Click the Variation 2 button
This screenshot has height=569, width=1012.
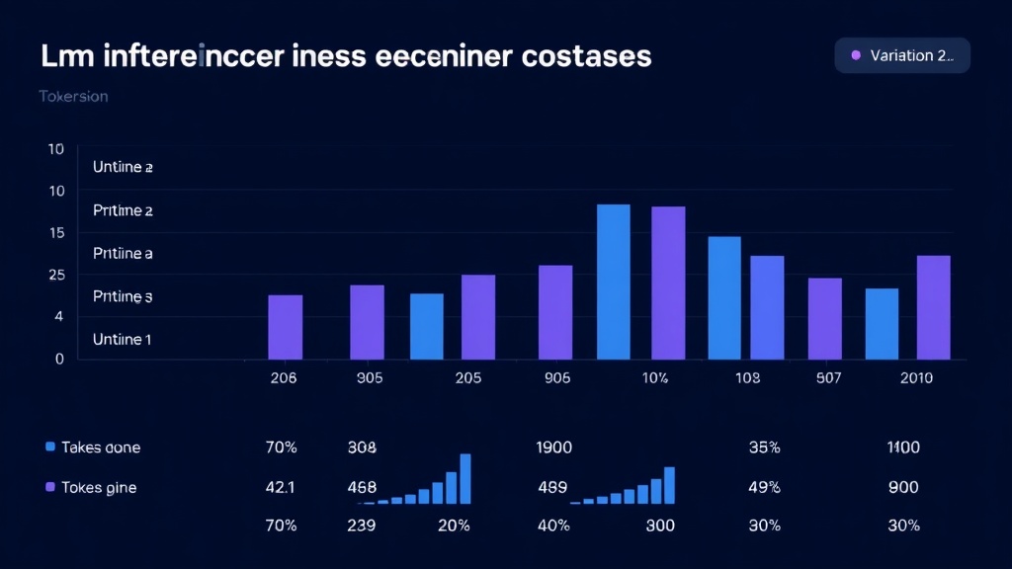[902, 55]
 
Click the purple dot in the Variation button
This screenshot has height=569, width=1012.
[856, 55]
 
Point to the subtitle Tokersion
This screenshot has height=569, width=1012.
[73, 97]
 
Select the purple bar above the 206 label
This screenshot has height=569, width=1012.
[286, 327]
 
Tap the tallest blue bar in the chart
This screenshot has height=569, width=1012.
[614, 282]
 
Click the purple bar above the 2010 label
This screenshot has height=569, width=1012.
[934, 307]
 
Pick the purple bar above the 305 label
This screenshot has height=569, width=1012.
[367, 322]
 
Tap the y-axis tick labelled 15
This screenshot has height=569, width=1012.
[55, 233]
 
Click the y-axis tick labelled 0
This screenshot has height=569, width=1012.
[59, 359]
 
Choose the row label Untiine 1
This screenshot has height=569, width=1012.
[123, 339]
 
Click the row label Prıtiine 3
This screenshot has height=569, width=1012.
[123, 296]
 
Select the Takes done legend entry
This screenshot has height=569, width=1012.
[93, 447]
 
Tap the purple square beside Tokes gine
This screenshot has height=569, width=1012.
[50, 487]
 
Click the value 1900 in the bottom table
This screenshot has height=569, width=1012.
[553, 447]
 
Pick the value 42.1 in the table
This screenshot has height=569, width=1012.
[282, 487]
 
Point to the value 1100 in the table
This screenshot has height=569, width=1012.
[903, 447]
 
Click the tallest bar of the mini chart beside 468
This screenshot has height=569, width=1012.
[465, 479]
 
